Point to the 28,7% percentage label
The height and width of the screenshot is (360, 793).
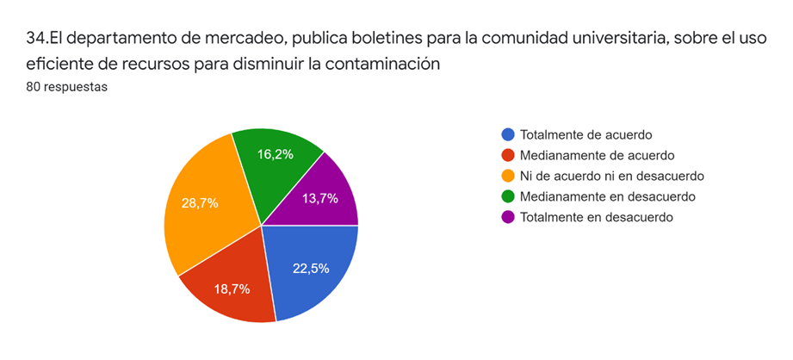(x=199, y=204)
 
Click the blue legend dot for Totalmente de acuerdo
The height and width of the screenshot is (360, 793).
(x=508, y=134)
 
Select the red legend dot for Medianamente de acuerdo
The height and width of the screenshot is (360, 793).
(x=508, y=155)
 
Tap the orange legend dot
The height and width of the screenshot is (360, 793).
(x=508, y=176)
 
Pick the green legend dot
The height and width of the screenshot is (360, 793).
(x=508, y=196)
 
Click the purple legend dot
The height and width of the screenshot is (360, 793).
(x=508, y=217)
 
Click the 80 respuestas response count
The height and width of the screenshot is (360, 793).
(x=66, y=86)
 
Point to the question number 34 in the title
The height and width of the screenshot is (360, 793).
(x=36, y=38)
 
